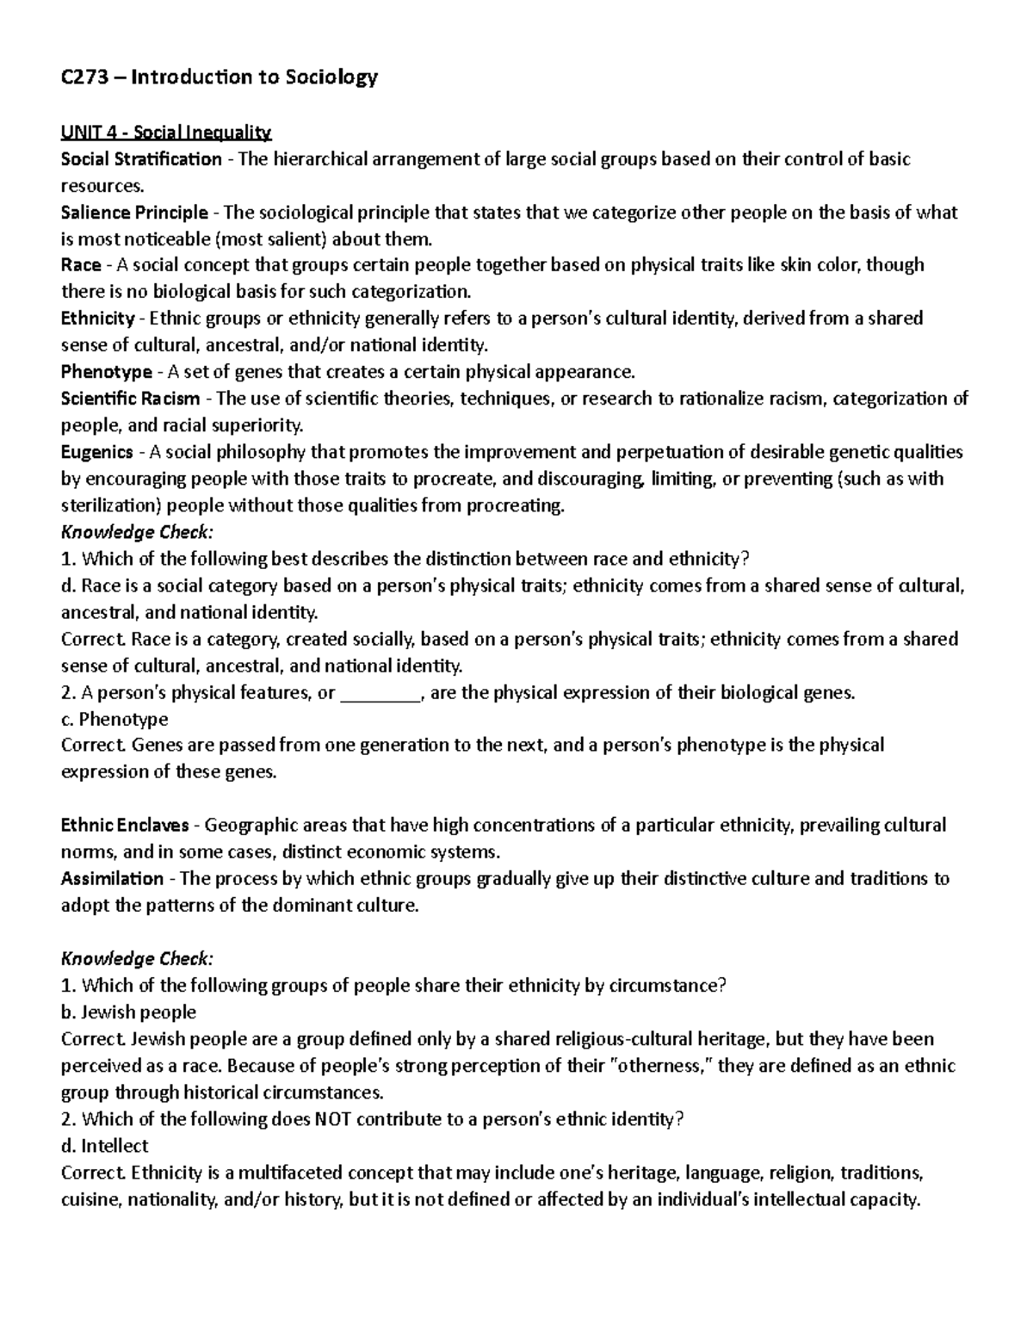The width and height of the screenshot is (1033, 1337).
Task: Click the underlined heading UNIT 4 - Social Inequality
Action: coord(166,133)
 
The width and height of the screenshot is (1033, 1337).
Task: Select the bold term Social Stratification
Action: coord(141,159)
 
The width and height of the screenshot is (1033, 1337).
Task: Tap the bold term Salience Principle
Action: coord(134,213)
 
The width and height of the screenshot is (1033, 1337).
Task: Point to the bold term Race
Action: coord(81,265)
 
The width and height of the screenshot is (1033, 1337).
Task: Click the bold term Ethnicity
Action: coord(97,319)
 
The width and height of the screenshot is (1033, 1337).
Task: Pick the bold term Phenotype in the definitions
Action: coord(106,372)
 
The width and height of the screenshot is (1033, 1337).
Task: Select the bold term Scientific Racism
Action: coord(130,399)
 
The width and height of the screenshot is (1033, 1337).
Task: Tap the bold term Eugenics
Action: coord(96,452)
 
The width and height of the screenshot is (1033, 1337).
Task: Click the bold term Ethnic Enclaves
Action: coord(125,826)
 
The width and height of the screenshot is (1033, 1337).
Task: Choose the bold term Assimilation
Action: coord(112,879)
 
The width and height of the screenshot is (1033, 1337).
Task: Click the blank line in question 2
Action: coord(380,693)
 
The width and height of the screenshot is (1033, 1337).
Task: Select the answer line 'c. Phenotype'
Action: coord(114,719)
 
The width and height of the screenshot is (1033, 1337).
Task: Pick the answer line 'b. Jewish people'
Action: coord(128,1012)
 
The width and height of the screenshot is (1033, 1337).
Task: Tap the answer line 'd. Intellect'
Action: coord(104,1146)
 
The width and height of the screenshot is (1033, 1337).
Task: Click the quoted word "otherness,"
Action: coord(660,1066)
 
